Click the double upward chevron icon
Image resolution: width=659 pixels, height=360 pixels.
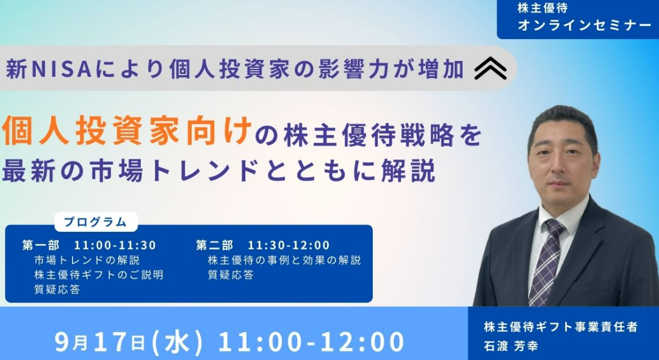(x=491, y=68)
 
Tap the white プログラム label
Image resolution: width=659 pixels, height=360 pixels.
(x=96, y=222)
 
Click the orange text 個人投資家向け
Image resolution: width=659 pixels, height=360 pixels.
(x=127, y=131)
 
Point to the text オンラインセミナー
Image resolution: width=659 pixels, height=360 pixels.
(x=584, y=25)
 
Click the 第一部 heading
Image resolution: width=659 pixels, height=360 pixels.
(x=41, y=245)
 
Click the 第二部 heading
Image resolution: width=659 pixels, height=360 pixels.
(x=214, y=245)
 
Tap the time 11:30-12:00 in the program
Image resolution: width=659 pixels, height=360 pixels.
(x=289, y=245)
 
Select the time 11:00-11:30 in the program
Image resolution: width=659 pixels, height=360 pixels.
(x=115, y=245)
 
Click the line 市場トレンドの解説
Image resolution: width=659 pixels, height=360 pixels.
(x=87, y=260)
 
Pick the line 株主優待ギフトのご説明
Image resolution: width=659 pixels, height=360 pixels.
(x=99, y=275)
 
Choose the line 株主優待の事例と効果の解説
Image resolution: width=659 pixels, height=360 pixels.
(x=284, y=260)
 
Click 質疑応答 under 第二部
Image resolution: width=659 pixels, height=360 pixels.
(x=231, y=275)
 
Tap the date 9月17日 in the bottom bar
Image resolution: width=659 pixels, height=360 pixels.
(x=100, y=342)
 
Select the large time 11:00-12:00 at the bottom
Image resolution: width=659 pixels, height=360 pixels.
(x=311, y=342)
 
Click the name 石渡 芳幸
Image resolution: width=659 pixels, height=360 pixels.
(x=511, y=346)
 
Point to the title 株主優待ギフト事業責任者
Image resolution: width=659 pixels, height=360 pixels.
(x=561, y=326)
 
